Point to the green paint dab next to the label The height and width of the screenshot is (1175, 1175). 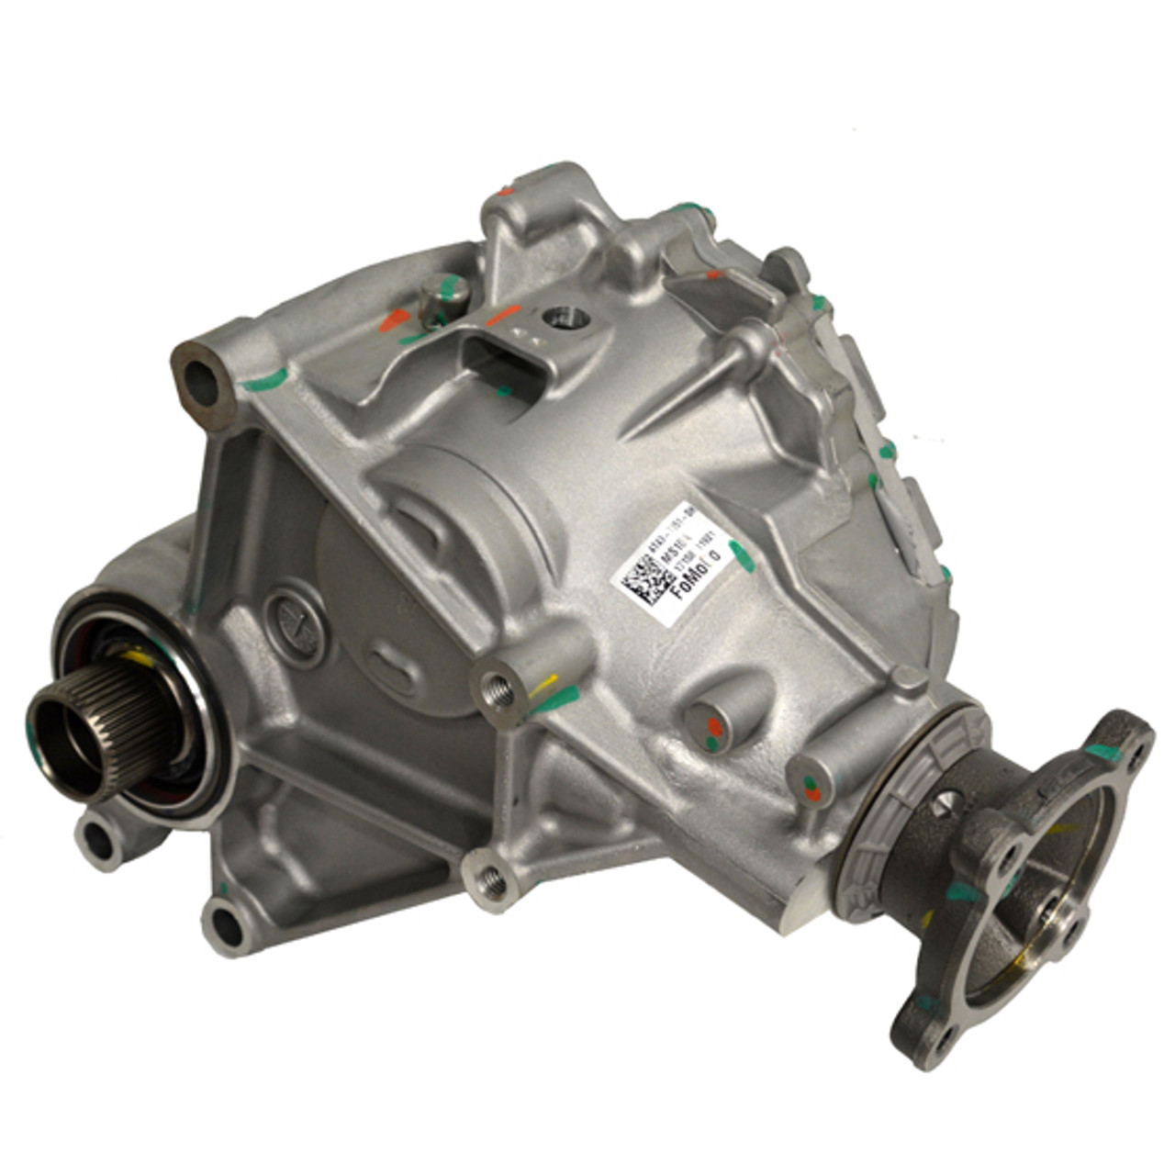[743, 556]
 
